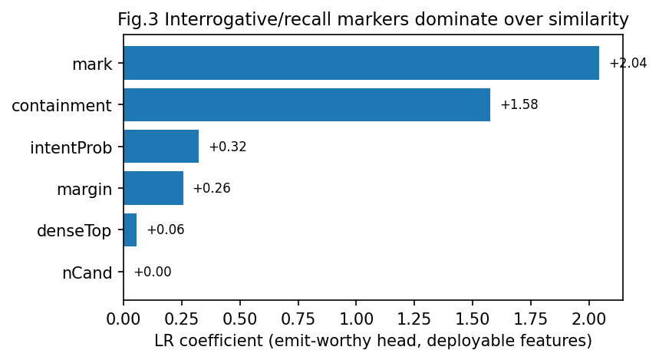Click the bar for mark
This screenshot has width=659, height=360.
[x=361, y=63]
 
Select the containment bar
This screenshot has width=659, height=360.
[x=307, y=104]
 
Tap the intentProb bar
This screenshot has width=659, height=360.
[x=161, y=147]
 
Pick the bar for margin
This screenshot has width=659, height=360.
[x=153, y=188]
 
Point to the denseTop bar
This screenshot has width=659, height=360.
[x=130, y=230]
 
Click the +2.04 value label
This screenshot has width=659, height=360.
[x=628, y=63]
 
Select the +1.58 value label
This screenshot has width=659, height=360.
[x=519, y=104]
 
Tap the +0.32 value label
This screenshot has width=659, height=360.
[x=228, y=147]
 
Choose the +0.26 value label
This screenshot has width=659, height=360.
[x=212, y=188]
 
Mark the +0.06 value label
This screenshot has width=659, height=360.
[x=166, y=230]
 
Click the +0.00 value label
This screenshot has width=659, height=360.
[x=153, y=272]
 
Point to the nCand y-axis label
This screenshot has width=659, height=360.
[x=87, y=273]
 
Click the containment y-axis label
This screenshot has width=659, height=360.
[x=62, y=106]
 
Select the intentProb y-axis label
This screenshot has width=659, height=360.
[x=71, y=147]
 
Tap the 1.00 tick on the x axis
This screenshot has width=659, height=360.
[x=356, y=319]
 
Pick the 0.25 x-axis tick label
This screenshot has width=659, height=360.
[x=182, y=319]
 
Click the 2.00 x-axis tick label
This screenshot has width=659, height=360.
[x=589, y=319]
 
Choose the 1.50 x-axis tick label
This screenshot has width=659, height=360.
[x=473, y=319]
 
